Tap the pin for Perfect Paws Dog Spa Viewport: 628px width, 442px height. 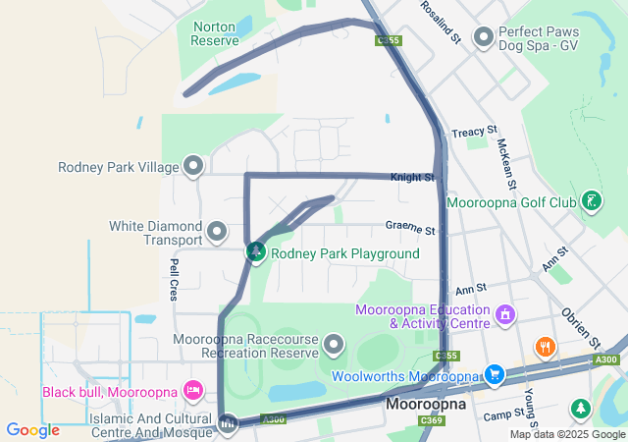(483, 37)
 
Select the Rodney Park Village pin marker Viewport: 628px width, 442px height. (193, 165)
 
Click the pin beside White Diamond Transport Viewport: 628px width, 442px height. (217, 233)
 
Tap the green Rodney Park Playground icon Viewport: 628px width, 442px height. (256, 252)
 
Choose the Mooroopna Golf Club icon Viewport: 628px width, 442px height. (591, 202)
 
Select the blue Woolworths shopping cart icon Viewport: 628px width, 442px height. (494, 374)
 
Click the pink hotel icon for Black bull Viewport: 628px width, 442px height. (192, 391)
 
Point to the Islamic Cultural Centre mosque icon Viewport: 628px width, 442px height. (229, 424)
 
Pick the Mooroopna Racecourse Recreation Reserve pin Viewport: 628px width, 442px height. (335, 344)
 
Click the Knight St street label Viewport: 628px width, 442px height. (412, 177)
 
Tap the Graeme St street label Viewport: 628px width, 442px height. (410, 230)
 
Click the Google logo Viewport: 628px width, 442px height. (32, 430)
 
